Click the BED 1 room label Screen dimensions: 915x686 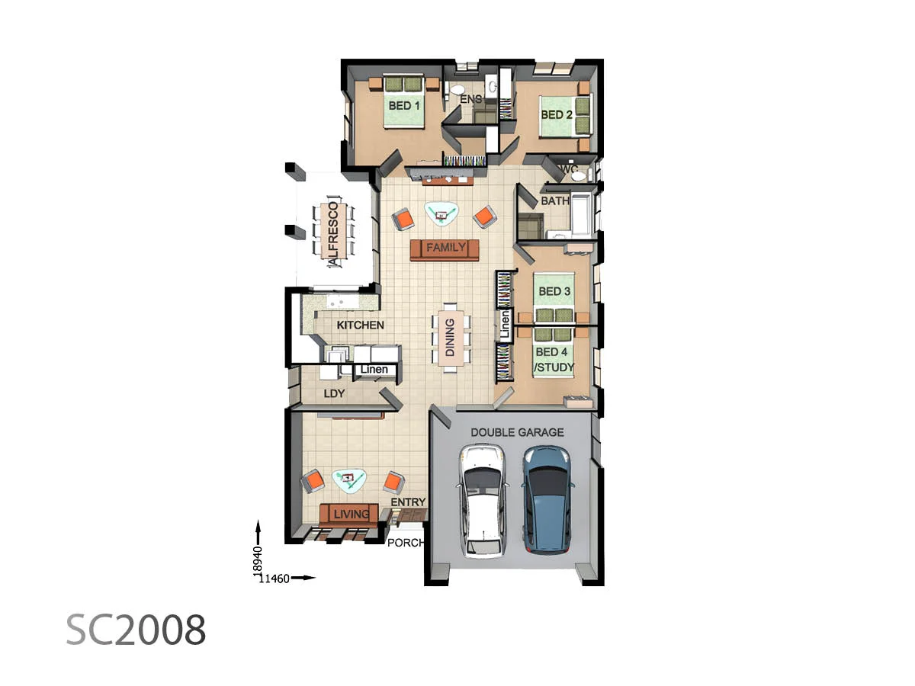[403, 106]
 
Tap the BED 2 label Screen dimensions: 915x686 [556, 114]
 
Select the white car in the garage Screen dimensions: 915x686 [483, 501]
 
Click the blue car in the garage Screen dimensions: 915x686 [547, 500]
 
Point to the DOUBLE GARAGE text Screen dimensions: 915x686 [517, 432]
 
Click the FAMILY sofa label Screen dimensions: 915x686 [445, 248]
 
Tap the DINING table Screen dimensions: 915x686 [451, 338]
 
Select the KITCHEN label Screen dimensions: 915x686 [360, 325]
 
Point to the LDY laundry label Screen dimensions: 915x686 [334, 393]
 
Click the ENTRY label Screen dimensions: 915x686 [408, 502]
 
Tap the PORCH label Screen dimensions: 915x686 [405, 543]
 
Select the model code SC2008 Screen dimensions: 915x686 [136, 630]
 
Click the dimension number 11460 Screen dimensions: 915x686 [274, 579]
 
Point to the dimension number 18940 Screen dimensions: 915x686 [258, 562]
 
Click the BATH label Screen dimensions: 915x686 [555, 200]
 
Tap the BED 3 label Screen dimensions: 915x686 [554, 291]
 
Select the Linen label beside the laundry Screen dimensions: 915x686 [374, 370]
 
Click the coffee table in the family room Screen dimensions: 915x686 [441, 214]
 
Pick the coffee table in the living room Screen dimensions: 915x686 [349, 481]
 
